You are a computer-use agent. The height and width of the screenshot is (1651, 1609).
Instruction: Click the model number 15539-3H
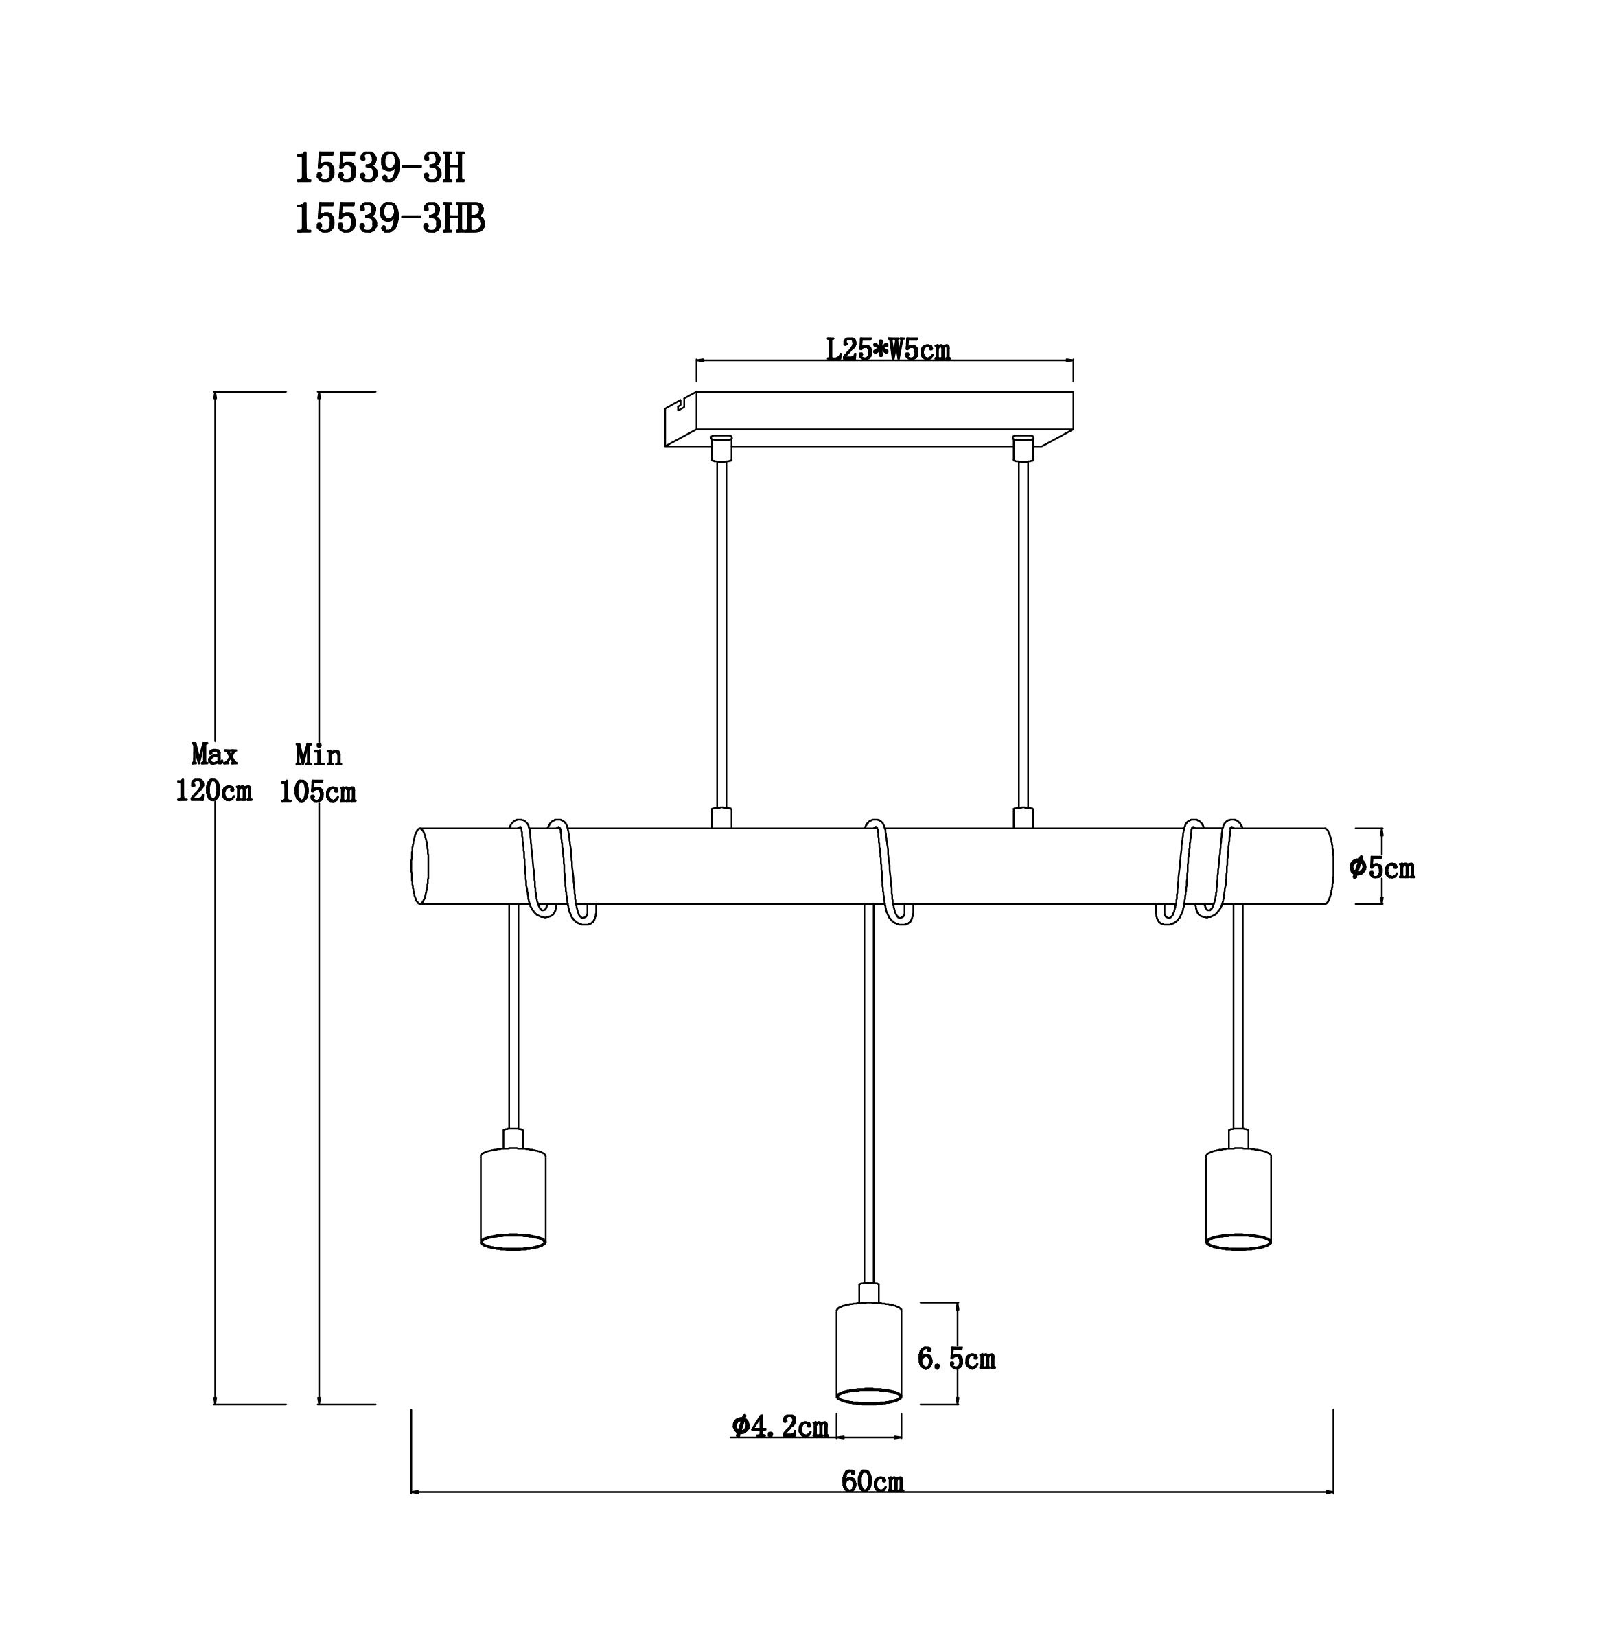[x=380, y=169]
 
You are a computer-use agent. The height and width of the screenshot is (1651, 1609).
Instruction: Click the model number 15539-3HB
[x=390, y=220]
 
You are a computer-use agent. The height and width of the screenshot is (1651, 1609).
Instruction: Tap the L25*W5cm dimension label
[x=888, y=349]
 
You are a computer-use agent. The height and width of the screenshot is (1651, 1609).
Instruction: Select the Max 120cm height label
[x=213, y=772]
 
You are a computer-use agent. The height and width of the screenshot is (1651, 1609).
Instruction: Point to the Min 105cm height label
[x=318, y=772]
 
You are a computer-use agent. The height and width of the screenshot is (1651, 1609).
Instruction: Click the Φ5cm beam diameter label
[x=1382, y=867]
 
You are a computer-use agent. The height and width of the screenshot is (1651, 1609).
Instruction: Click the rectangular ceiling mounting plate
[x=869, y=419]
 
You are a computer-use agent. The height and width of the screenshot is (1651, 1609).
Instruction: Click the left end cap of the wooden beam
[x=420, y=866]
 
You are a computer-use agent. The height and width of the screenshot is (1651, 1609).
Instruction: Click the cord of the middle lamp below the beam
[x=869, y=1094]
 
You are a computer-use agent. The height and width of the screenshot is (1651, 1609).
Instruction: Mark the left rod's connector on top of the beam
[x=721, y=818]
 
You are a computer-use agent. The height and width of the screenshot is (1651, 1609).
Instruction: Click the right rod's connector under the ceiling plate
[x=1023, y=448]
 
